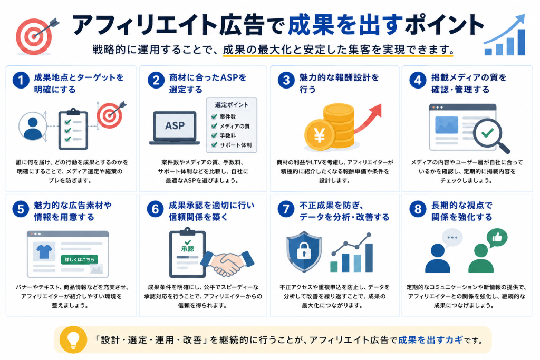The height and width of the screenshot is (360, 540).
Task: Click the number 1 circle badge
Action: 21,80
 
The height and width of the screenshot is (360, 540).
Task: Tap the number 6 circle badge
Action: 156,209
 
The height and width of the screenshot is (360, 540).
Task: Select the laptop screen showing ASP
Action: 175,125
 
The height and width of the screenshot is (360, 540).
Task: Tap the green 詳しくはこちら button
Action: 80,259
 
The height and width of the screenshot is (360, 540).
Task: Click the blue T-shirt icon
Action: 44,251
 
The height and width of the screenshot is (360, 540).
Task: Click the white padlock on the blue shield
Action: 304,251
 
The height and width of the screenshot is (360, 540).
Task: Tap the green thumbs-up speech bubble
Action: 497,237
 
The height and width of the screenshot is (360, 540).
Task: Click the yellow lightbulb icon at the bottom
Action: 73,339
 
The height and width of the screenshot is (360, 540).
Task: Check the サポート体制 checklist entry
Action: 231,145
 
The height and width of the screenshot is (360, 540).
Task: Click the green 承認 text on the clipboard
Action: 188,248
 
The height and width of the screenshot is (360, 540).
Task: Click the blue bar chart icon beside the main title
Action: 505,35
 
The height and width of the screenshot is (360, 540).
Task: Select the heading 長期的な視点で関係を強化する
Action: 461,211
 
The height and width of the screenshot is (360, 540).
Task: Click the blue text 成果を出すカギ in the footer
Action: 430,340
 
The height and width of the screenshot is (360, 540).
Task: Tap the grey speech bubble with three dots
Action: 452,238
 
